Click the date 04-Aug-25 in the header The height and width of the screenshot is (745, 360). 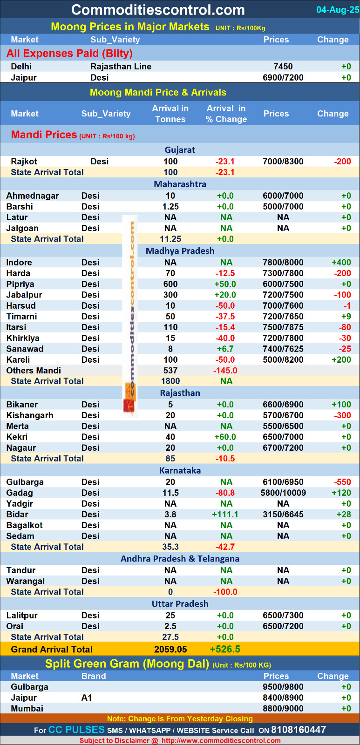click(x=338, y=10)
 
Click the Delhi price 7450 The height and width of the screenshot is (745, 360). click(x=283, y=67)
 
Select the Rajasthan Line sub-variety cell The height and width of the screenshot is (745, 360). click(x=121, y=67)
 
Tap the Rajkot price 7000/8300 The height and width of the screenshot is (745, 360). click(x=283, y=162)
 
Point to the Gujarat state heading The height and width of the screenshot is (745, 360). click(x=180, y=150)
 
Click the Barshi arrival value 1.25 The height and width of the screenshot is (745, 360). click(x=170, y=207)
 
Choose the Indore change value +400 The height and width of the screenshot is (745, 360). click(x=341, y=263)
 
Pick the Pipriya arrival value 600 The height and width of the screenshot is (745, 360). click(x=170, y=284)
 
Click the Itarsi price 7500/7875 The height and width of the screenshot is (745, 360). click(x=283, y=327)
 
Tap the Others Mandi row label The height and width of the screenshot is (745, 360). click(x=34, y=371)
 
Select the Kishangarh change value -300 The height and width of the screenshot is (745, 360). click(x=343, y=415)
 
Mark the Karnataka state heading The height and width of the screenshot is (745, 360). click(x=180, y=471)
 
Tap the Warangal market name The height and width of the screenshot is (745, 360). click(x=26, y=581)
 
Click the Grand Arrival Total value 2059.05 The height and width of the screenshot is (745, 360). click(x=170, y=650)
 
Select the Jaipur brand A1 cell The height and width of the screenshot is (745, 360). click(x=87, y=698)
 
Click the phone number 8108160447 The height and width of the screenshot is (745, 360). click(x=299, y=730)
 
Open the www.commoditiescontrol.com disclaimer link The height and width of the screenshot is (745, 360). click(x=221, y=741)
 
